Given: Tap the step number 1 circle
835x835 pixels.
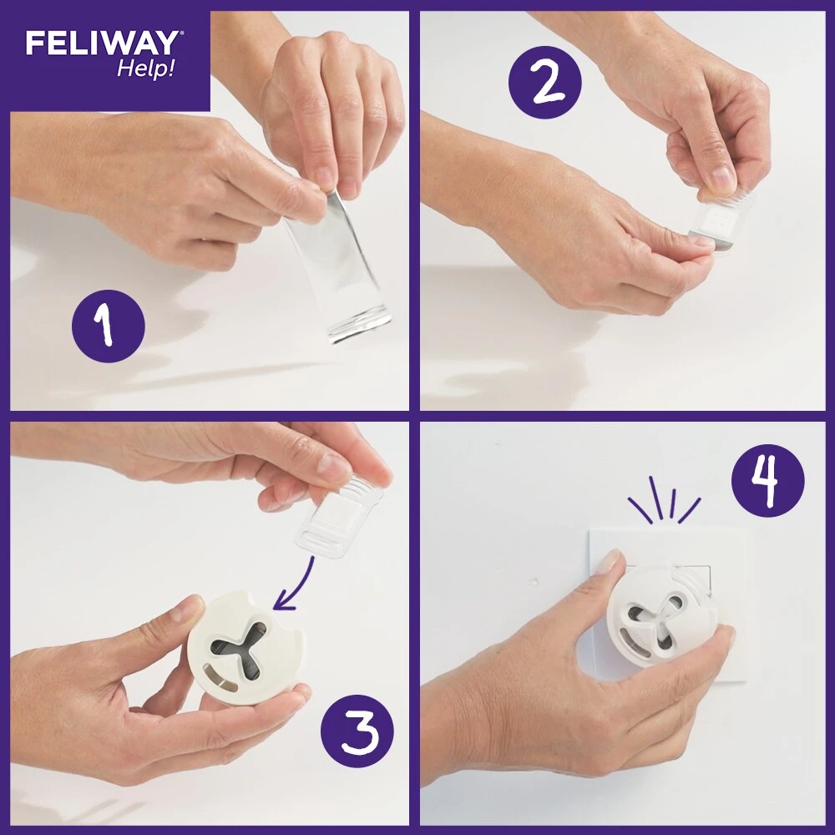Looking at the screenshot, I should coord(108,325).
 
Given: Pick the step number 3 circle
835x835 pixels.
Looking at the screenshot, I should coord(357,726).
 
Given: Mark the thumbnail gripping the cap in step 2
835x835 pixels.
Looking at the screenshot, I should coord(720,177).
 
